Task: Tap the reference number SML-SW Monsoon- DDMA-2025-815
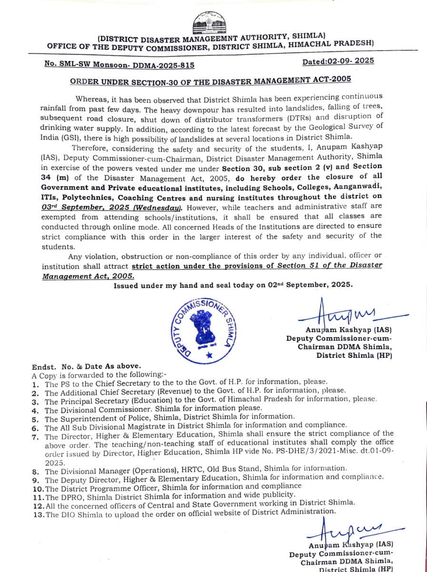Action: pos(119,64)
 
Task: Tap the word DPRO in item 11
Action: pos(70,495)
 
